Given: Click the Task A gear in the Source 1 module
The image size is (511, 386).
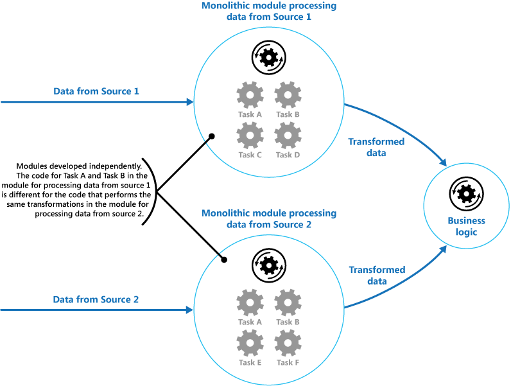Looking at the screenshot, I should click(x=250, y=96).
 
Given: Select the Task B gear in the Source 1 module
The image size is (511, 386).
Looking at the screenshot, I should click(x=288, y=96).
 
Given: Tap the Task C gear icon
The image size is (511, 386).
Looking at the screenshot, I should click(x=250, y=136).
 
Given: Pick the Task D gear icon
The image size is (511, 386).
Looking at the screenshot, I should click(x=288, y=136).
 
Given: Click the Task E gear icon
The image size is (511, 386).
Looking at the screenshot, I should click(x=250, y=343).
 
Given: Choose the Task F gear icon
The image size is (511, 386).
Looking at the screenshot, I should click(x=288, y=343).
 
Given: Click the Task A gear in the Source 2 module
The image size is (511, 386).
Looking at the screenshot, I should click(x=250, y=303).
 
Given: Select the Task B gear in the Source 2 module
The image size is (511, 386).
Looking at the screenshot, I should click(x=288, y=303).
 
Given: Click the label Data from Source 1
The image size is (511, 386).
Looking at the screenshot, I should click(x=96, y=91).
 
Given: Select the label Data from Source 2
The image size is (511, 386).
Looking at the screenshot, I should click(x=96, y=299).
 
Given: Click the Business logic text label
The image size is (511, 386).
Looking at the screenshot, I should click(x=467, y=226).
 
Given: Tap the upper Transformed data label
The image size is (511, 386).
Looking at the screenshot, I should click(x=376, y=147).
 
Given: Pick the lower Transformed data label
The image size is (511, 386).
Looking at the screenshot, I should click(x=377, y=276).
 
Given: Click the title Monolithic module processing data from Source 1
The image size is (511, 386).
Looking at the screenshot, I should click(x=269, y=12).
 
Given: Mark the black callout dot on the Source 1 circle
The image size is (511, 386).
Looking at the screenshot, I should click(x=211, y=137).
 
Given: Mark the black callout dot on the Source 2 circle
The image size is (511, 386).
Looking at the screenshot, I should click(x=225, y=259).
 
